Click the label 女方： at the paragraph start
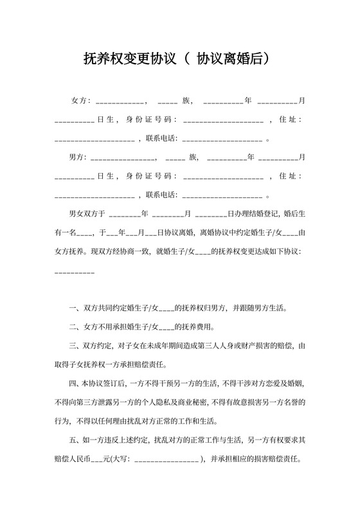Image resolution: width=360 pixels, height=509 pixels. (x=82, y=102)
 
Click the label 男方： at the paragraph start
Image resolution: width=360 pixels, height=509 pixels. (x=80, y=157)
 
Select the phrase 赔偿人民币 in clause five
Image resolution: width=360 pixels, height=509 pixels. (x=73, y=460)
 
